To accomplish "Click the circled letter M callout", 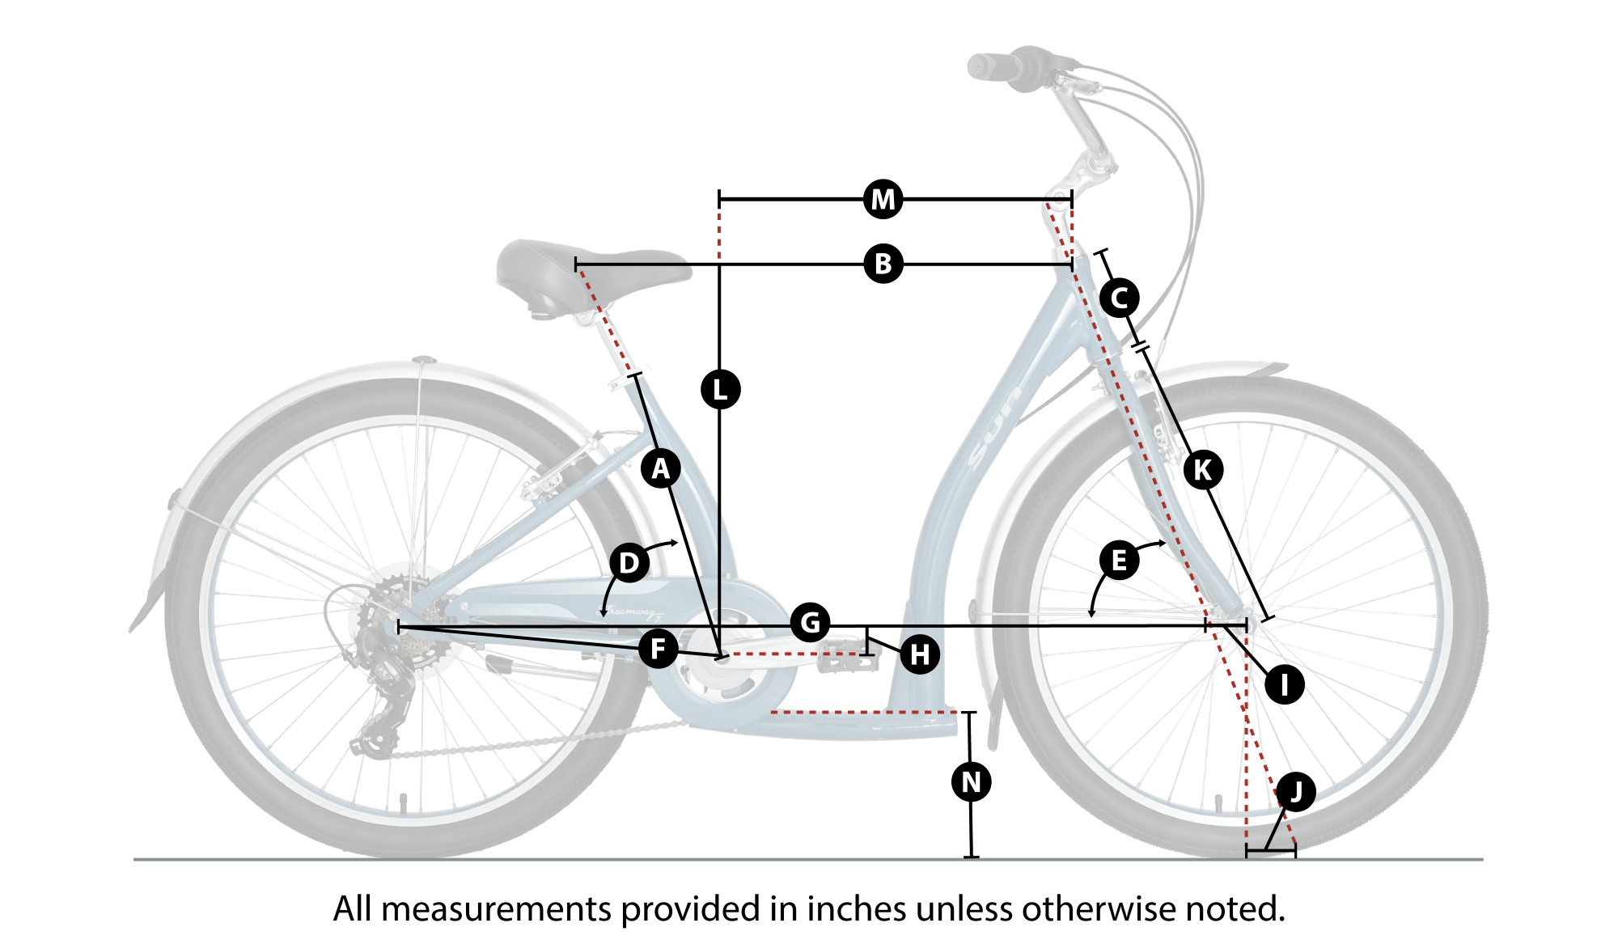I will click(x=883, y=199).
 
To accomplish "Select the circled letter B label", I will click(x=883, y=264).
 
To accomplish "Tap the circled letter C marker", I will click(x=1120, y=298).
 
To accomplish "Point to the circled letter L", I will click(x=720, y=390).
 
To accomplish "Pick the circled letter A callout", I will click(x=661, y=468).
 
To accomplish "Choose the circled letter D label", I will click(x=629, y=563).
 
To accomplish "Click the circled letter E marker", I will click(x=1120, y=560).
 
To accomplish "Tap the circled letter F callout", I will click(x=659, y=649).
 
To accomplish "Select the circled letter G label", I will click(x=810, y=623).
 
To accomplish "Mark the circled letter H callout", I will click(x=920, y=654).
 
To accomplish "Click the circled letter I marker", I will click(x=1285, y=684).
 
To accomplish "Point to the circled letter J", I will click(x=1296, y=791).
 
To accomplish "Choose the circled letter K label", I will click(x=1203, y=470).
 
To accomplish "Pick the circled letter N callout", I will click(x=972, y=782).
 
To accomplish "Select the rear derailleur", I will click(x=380, y=712).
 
